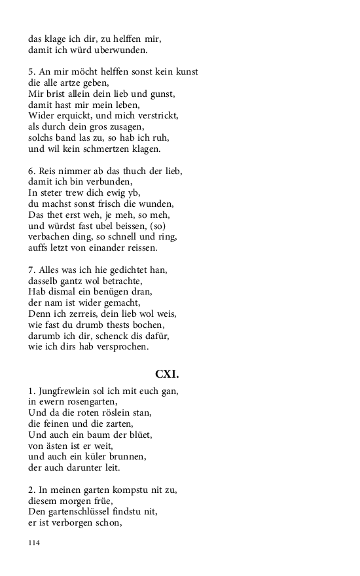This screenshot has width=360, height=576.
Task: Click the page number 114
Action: click(34, 543)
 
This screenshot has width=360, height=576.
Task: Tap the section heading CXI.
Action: click(167, 374)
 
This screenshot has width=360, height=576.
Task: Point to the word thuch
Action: click(129, 171)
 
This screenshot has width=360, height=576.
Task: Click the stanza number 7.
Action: click(31, 269)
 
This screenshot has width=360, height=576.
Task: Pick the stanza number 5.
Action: click(31, 72)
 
